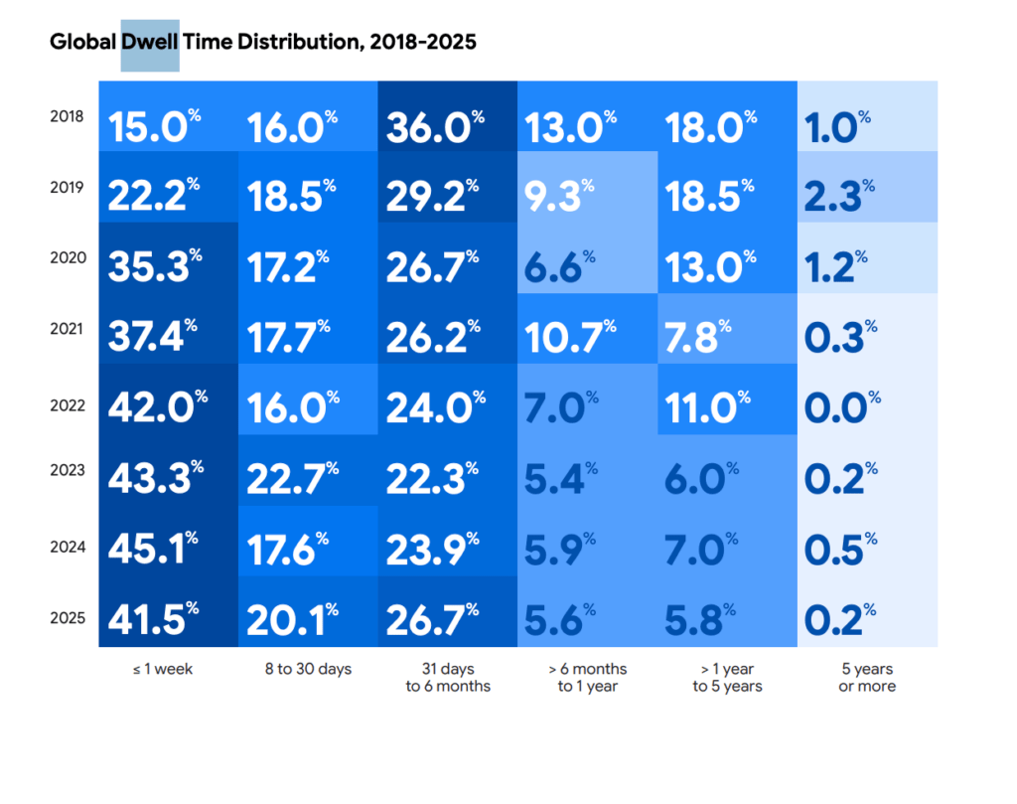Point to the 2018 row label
click(68, 116)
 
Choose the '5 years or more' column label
click(866, 677)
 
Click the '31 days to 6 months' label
click(448, 677)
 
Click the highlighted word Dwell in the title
click(150, 44)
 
